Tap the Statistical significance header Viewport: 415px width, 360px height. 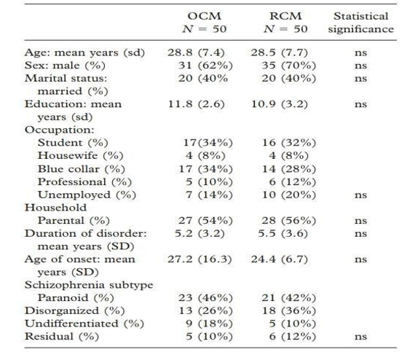(x=361, y=23)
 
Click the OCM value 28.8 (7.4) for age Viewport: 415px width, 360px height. (x=196, y=52)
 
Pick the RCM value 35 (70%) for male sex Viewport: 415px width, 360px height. (x=289, y=66)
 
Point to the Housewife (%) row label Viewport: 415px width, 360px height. (x=81, y=155)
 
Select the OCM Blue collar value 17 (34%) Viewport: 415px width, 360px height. (x=205, y=169)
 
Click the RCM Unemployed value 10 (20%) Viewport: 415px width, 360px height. (x=289, y=195)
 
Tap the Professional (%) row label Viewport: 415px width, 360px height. (x=84, y=181)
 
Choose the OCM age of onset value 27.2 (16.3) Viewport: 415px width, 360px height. (x=199, y=259)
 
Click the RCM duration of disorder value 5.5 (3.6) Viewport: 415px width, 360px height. (x=283, y=233)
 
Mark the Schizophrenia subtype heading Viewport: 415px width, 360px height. (x=89, y=285)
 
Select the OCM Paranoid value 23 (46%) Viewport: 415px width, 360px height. (x=205, y=298)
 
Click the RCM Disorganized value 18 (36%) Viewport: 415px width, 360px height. (x=289, y=310)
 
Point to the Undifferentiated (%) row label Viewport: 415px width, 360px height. (x=84, y=324)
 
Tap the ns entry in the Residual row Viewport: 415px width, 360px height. (x=360, y=337)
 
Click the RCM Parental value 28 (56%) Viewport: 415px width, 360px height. (x=289, y=220)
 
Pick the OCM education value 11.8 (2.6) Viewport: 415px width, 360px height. (x=197, y=104)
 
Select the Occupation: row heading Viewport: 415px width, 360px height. (x=59, y=130)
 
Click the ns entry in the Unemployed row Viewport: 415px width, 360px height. (x=360, y=195)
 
